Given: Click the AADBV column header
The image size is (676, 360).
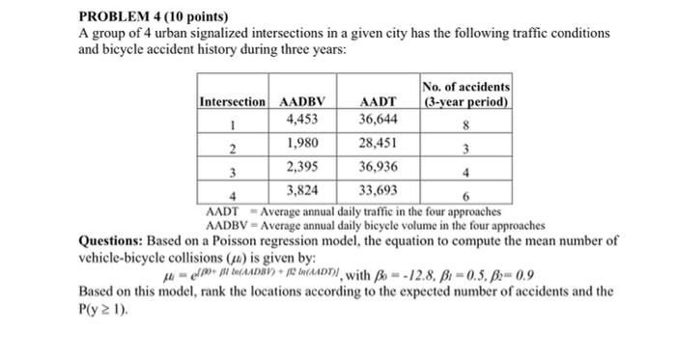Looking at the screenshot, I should [302, 101].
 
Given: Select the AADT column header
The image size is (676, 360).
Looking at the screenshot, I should [377, 101].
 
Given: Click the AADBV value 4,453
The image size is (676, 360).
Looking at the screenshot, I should [303, 120].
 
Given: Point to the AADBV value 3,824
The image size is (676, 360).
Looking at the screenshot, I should [302, 189].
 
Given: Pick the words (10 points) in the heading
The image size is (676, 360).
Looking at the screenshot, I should [199, 16].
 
